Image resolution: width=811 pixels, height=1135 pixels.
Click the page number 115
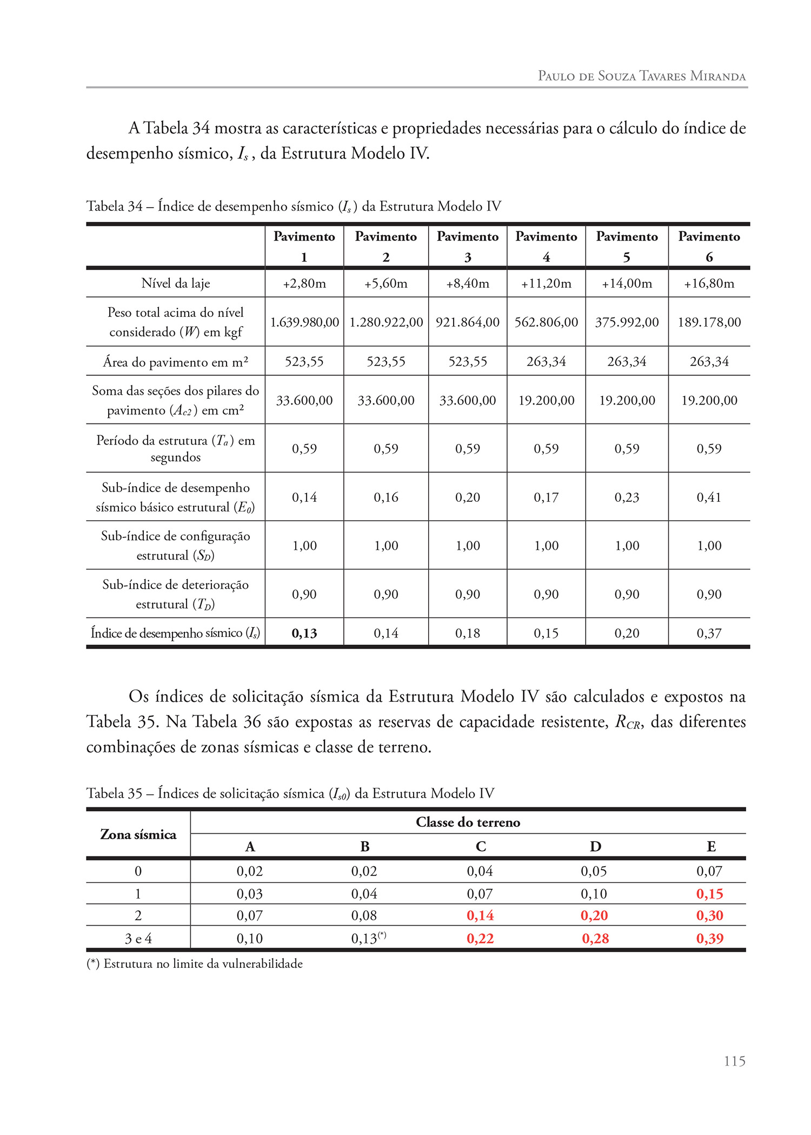coord(734,1061)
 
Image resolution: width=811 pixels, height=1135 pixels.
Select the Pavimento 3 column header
coord(468,247)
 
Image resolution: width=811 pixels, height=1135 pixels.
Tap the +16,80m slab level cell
coord(709,283)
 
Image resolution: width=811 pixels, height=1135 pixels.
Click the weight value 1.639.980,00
coord(304,322)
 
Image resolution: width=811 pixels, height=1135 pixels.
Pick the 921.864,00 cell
coord(468,322)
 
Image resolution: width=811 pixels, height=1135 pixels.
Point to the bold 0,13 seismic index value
coord(304,633)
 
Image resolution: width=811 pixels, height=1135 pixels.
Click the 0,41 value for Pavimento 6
coord(709,497)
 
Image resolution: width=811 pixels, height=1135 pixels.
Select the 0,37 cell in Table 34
coord(709,633)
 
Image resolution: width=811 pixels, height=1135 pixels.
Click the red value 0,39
coord(710,939)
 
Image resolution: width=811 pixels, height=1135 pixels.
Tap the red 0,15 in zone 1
coord(710,894)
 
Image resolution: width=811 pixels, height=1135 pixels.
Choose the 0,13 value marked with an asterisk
coord(365,939)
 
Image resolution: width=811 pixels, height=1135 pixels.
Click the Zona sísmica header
coord(138,834)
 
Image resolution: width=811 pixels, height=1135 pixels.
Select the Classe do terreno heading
coord(468,822)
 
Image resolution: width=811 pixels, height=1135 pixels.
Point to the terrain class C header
coord(481,846)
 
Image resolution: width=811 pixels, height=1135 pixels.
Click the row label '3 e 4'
coord(138,939)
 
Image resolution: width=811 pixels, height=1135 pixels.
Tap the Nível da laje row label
coord(176,283)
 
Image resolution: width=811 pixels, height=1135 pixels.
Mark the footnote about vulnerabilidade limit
coord(195,964)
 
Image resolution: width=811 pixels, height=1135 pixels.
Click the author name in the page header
coord(642,76)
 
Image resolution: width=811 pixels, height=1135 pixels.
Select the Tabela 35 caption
coord(290,793)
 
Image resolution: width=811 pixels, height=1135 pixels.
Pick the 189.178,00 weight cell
coord(709,322)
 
